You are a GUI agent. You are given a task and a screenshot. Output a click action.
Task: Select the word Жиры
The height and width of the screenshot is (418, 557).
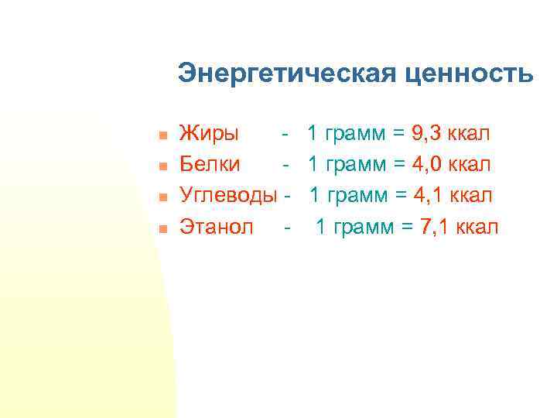pyautogui.click(x=209, y=134)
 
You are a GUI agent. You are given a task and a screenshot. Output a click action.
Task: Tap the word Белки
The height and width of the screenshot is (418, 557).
pyautogui.click(x=210, y=165)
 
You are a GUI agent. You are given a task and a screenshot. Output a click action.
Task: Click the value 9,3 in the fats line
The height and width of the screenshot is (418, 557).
pyautogui.click(x=429, y=134)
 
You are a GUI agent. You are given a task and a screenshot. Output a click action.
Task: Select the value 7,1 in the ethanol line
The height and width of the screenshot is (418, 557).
pyautogui.click(x=438, y=227)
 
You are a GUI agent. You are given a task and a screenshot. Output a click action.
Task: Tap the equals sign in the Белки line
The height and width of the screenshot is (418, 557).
pyautogui.click(x=398, y=165)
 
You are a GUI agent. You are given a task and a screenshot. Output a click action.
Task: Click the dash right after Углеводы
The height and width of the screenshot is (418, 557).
pyautogui.click(x=287, y=196)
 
